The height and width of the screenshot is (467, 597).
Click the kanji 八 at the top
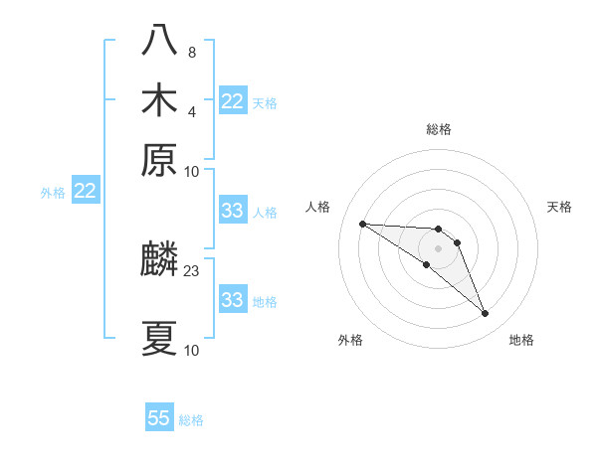coord(159,41)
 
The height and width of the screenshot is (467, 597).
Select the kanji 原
coord(159,160)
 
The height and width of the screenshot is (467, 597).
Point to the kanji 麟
coord(159,259)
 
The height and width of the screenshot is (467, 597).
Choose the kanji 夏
coord(159,339)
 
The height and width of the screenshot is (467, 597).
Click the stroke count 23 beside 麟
coord(192,270)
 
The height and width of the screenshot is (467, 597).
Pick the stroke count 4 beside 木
coord(192,111)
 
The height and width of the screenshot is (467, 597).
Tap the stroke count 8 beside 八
coord(192,52)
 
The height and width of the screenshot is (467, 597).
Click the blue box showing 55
coord(159,418)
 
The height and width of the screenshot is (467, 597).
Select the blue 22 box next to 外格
coord(85,191)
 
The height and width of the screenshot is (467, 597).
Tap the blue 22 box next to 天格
coord(233,101)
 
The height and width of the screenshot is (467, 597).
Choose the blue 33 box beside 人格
coord(233,211)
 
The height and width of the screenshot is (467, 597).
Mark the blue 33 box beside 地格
coord(233,300)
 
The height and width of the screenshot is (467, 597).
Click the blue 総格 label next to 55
coord(191,420)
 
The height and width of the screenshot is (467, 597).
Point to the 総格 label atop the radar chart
coord(438,129)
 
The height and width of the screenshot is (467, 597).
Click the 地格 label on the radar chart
coord(521,341)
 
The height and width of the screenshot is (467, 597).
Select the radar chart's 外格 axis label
coord(350,341)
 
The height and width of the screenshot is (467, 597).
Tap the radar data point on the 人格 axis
coord(362,224)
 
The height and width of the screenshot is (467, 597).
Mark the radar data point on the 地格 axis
coord(486,314)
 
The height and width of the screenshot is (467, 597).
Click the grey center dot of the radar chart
coord(438,248)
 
